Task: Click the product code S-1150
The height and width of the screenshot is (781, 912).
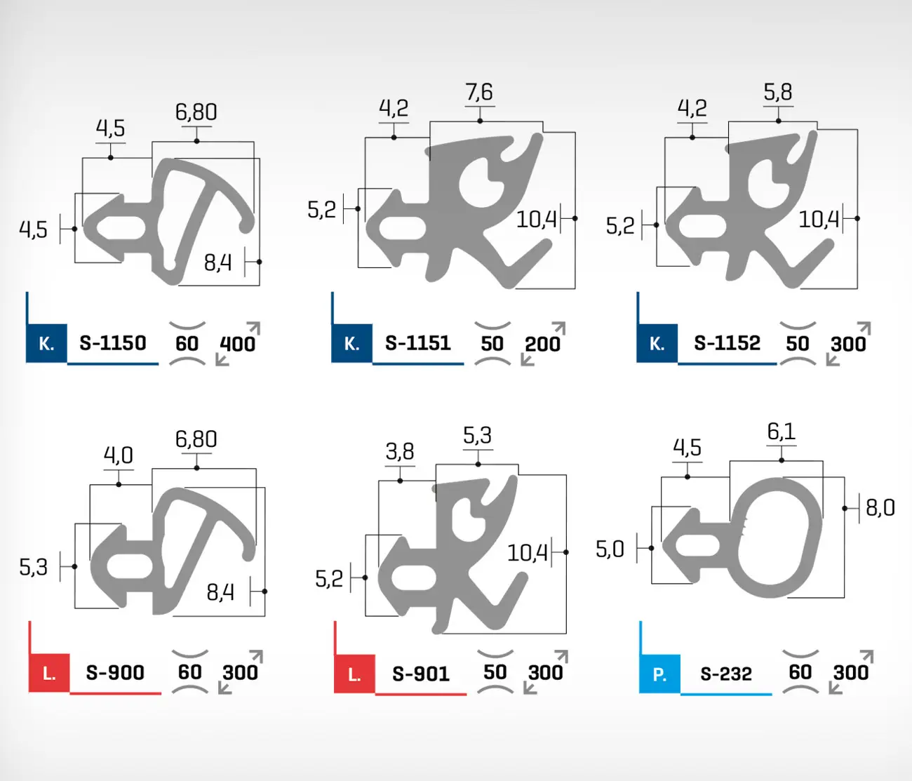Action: (112, 343)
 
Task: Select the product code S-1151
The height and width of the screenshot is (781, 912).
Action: (418, 343)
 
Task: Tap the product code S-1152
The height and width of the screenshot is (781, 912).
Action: (727, 343)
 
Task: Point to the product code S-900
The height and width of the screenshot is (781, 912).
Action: (115, 672)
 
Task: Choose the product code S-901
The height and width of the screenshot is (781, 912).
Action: (421, 674)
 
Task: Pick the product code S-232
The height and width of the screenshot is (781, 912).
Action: (726, 674)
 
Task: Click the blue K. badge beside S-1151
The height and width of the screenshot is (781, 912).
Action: (351, 343)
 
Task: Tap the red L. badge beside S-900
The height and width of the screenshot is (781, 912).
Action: (49, 673)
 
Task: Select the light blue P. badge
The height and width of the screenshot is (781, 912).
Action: (659, 674)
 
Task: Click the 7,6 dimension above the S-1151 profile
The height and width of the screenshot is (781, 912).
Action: (479, 92)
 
